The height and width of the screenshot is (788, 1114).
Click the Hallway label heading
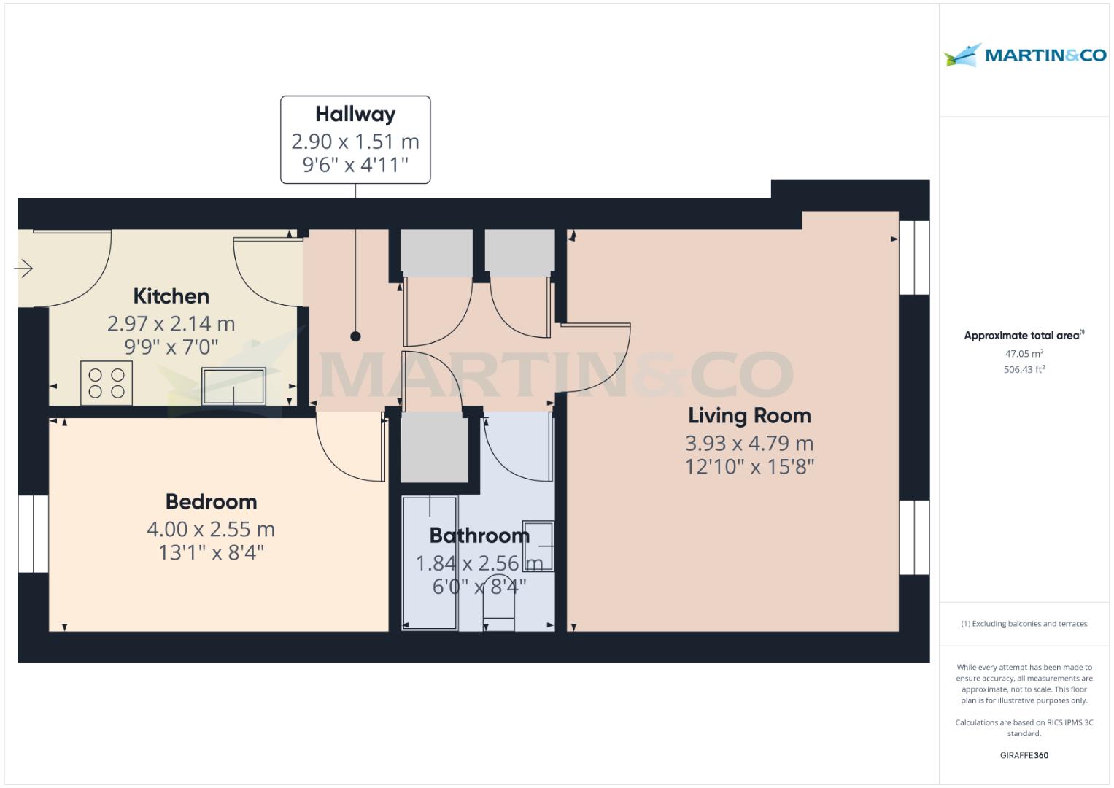point(355,114)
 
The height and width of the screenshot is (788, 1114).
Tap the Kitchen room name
point(171,296)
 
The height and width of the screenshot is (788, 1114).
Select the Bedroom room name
point(211,502)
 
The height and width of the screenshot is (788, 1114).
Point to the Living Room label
point(749,416)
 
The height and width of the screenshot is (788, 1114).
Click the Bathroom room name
point(479,536)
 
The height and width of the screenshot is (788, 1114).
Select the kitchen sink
point(233,385)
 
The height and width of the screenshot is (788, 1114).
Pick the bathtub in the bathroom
point(430,562)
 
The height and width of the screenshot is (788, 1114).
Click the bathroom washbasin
point(540,546)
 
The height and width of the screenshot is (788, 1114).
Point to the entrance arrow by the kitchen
point(24,269)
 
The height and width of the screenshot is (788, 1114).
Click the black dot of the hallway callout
point(355,336)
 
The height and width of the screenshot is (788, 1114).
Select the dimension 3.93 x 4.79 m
point(749,443)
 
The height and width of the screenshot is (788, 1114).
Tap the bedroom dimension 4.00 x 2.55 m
point(211,529)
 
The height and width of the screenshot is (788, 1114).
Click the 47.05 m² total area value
point(1024,354)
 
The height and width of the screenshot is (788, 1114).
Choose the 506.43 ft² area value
point(1024,370)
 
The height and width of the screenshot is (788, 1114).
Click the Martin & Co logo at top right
point(1025,55)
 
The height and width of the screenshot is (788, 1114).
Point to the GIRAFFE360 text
point(1024,755)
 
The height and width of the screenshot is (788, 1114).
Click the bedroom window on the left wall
point(33,534)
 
